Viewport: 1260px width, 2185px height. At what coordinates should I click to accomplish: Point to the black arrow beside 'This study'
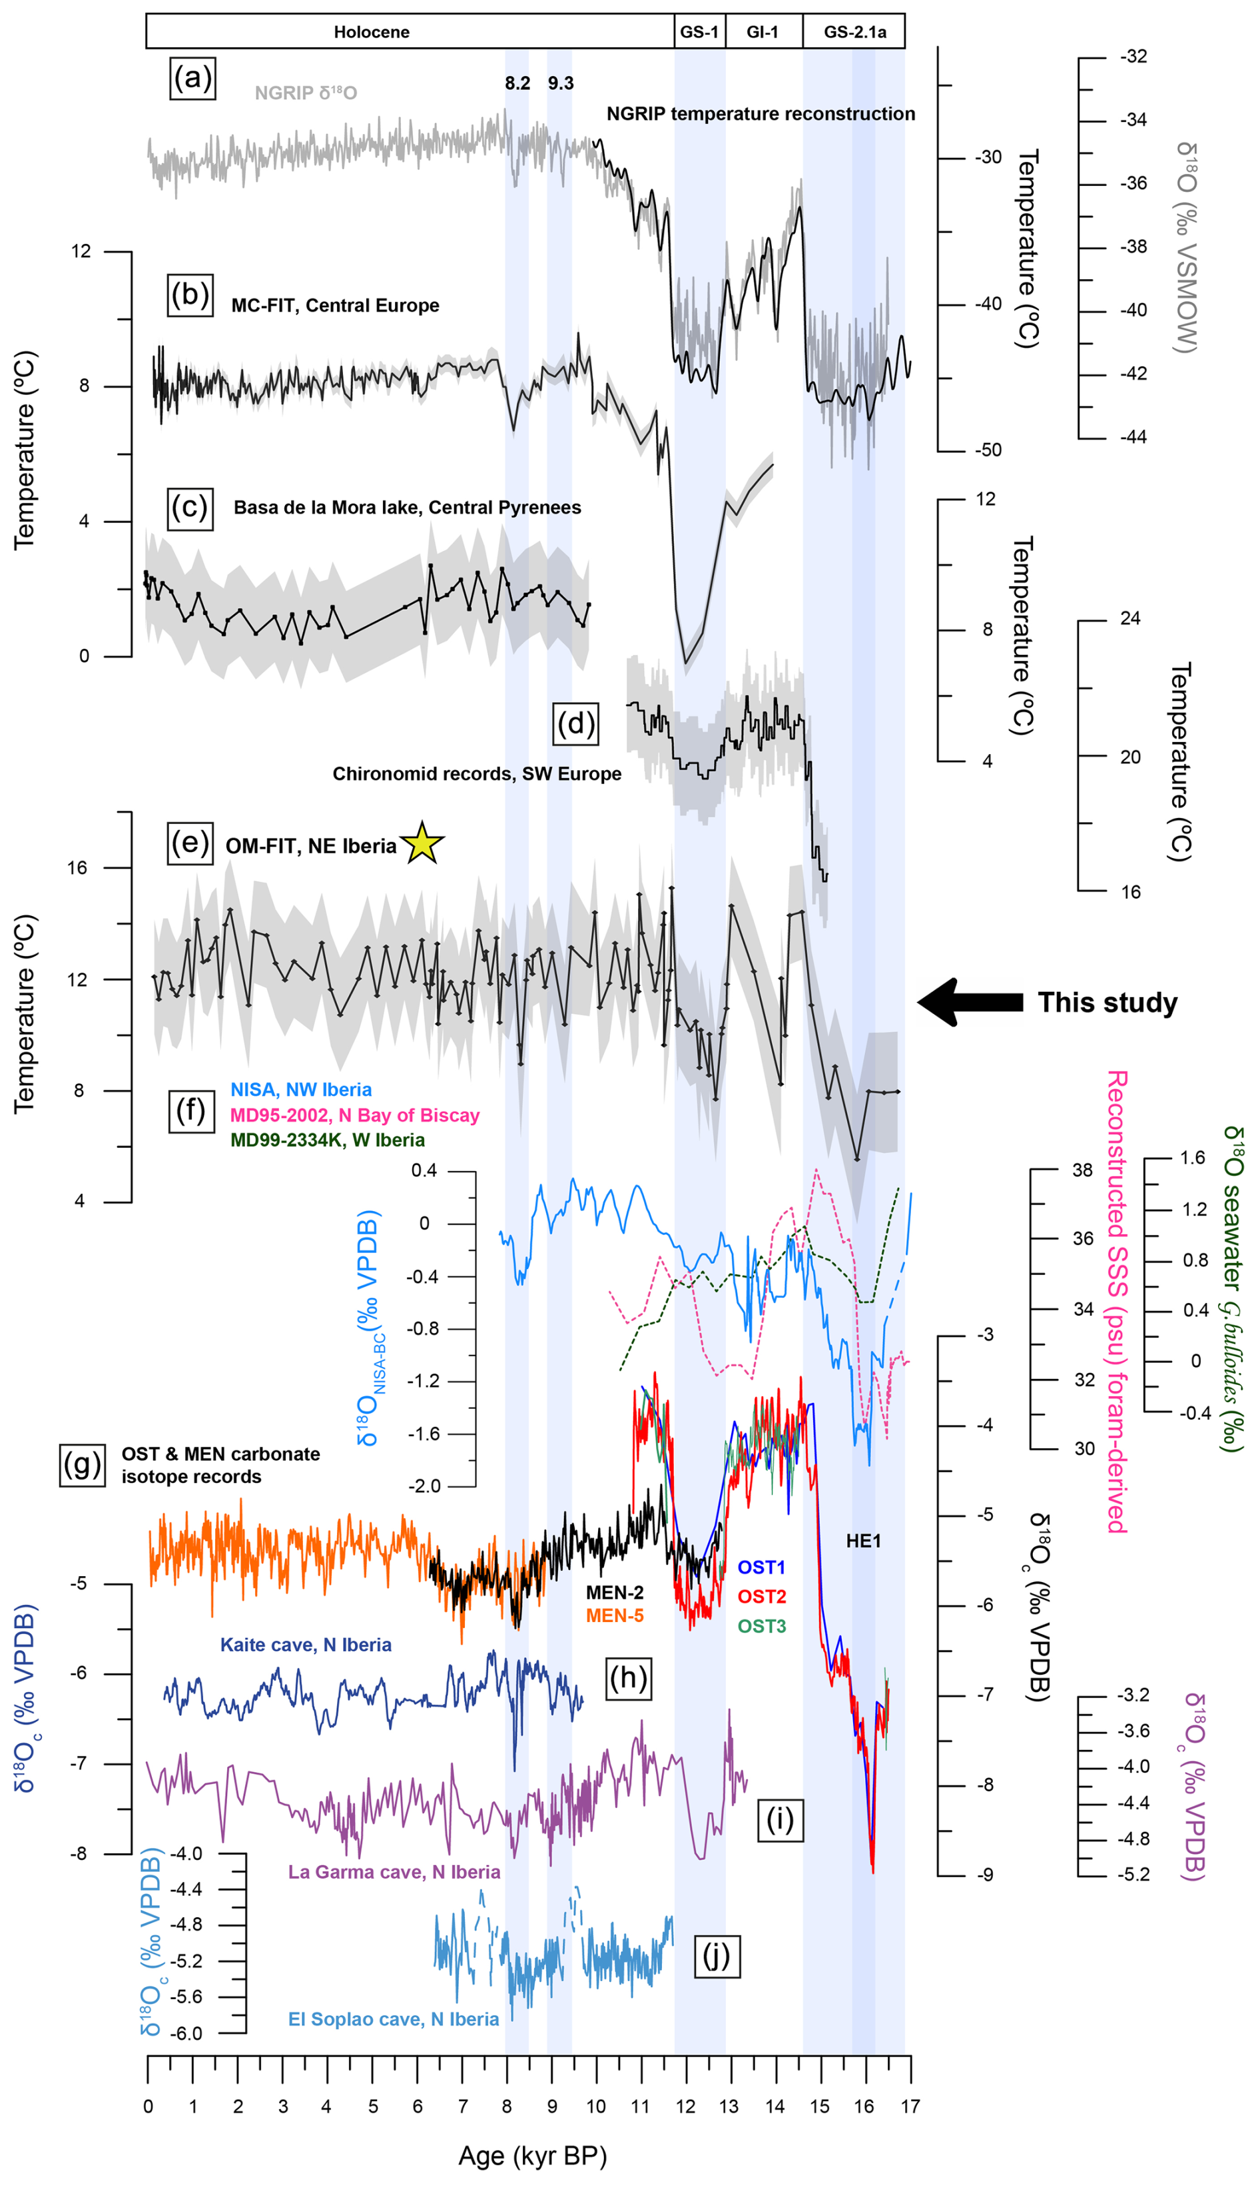tap(969, 1002)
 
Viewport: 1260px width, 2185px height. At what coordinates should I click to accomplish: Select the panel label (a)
tap(192, 79)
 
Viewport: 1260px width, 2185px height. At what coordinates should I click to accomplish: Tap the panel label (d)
tap(575, 723)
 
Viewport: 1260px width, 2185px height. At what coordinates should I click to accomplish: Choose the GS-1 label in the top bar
tap(699, 32)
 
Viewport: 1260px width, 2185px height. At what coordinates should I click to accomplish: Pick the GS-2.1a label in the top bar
tap(854, 32)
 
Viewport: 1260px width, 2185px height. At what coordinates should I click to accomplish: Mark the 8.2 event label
tap(517, 83)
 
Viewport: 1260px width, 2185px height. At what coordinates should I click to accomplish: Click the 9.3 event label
tap(561, 83)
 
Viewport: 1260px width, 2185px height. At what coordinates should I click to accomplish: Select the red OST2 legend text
tap(762, 1595)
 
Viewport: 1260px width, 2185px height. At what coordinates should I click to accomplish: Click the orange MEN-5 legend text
tap(615, 1615)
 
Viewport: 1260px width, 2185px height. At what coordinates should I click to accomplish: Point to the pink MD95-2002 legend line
tap(355, 1115)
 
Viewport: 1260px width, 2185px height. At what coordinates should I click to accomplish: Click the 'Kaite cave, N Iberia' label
tap(306, 1644)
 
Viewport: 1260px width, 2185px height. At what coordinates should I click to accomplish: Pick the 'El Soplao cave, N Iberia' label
tap(393, 2019)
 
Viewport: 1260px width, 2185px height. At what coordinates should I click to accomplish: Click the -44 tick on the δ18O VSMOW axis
tap(1133, 437)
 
